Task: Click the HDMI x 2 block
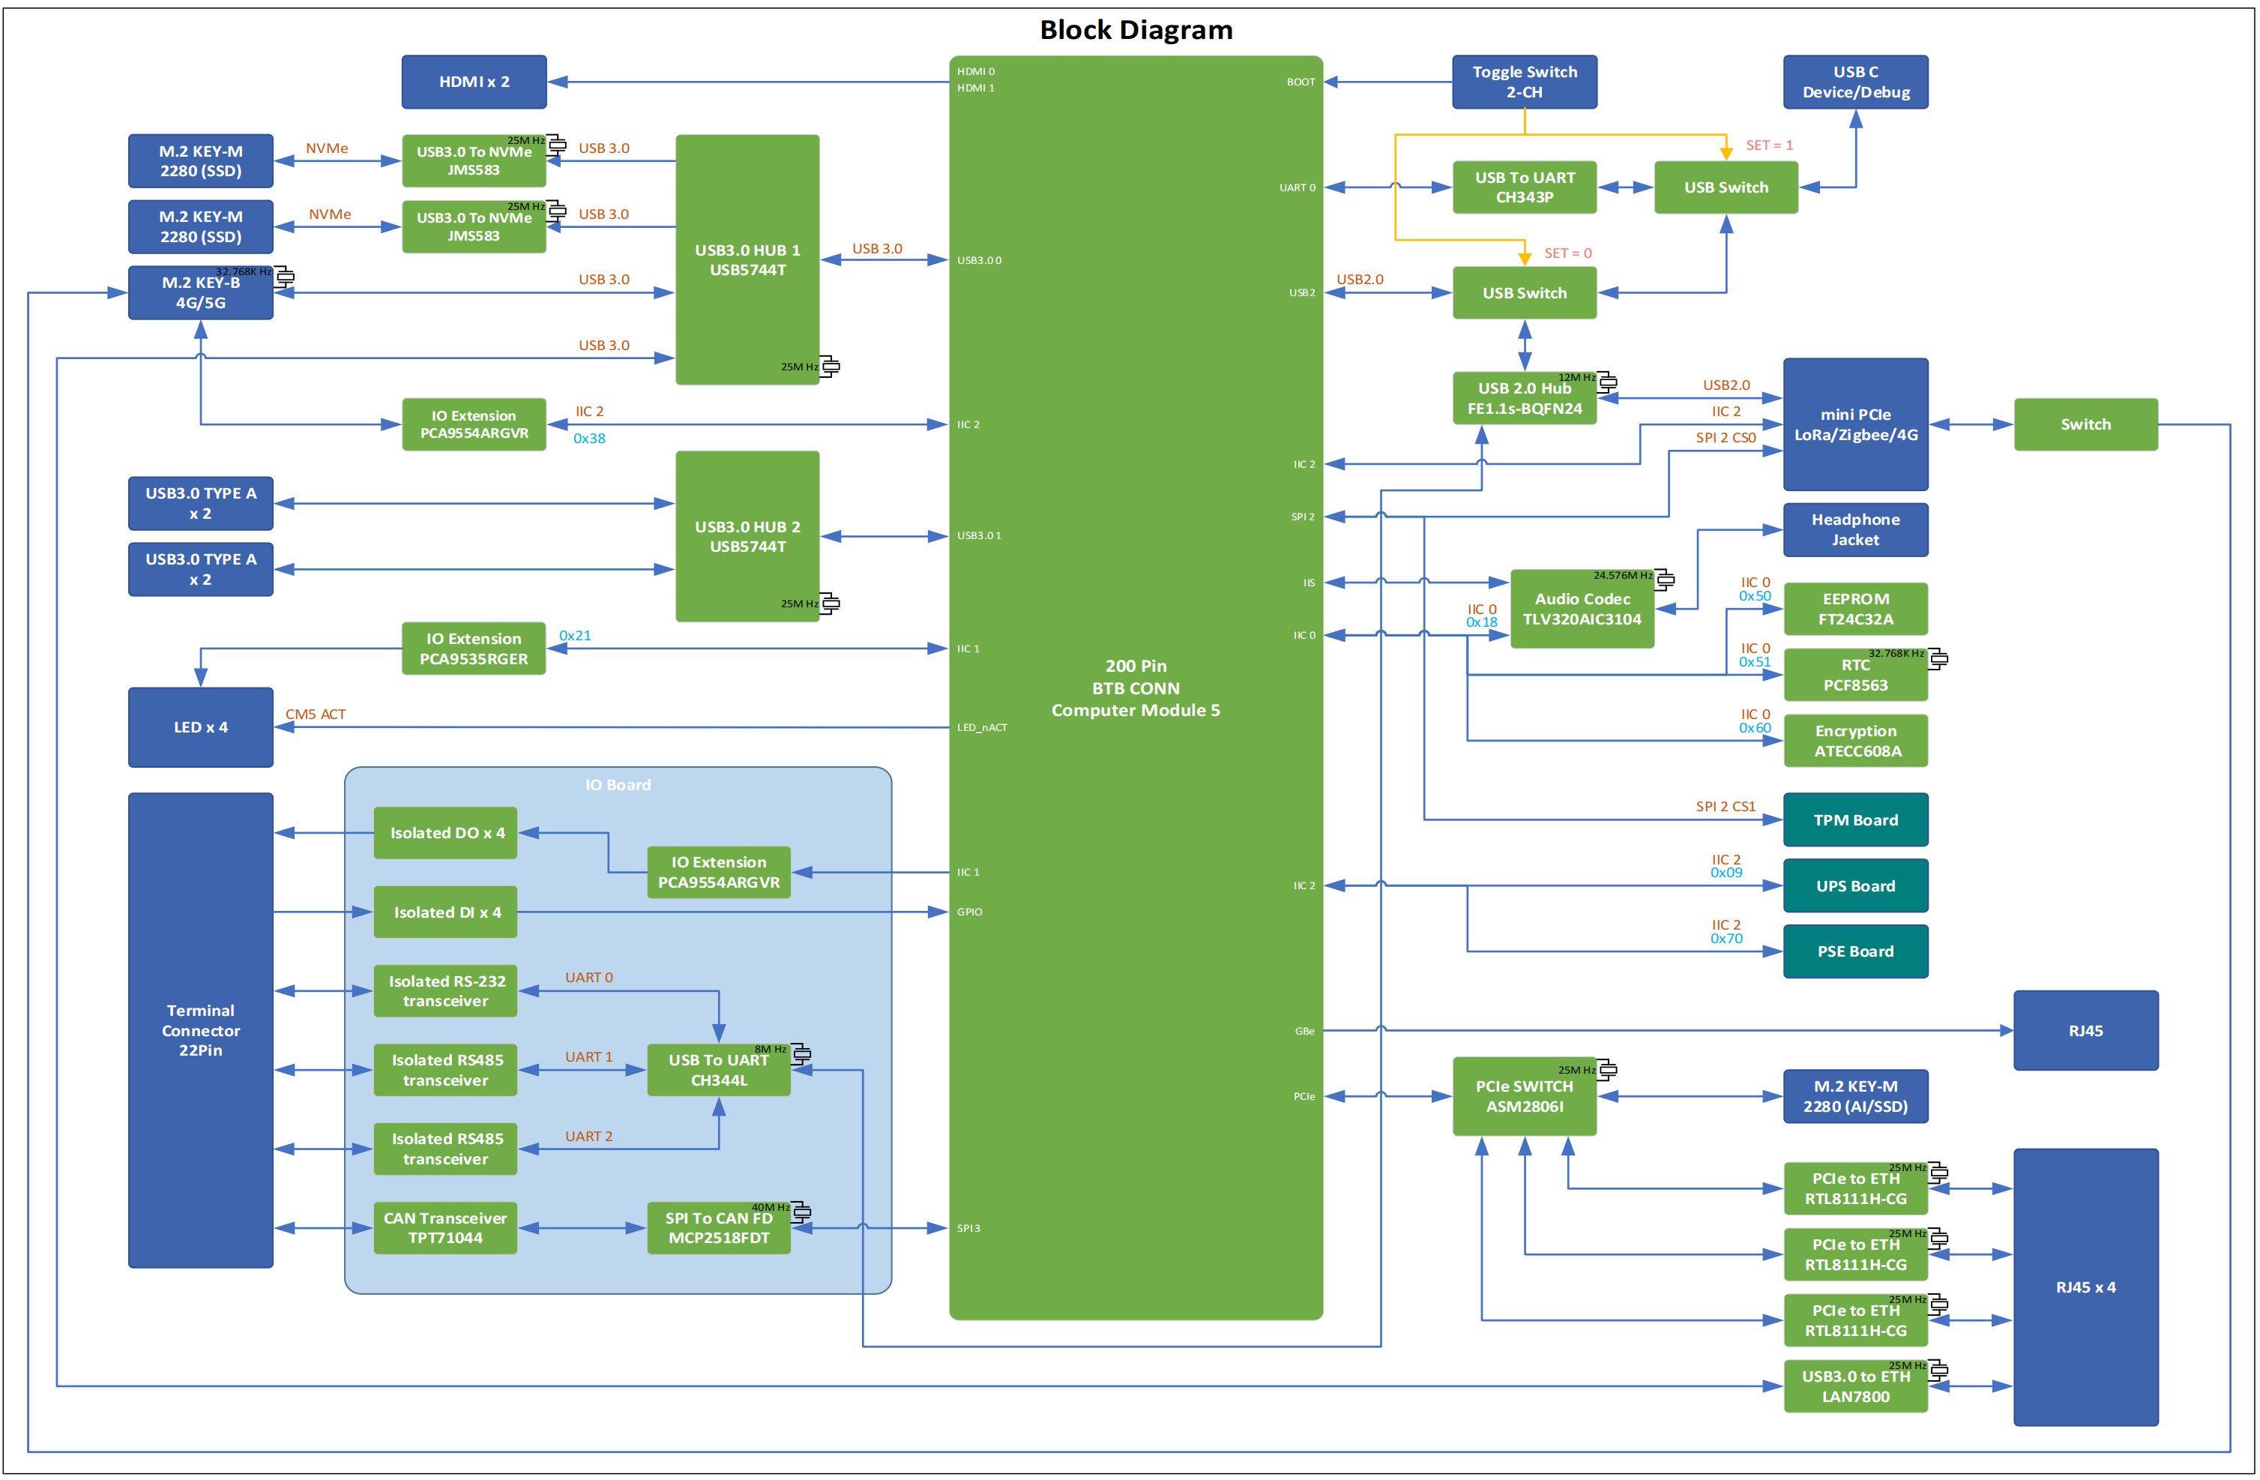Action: (x=474, y=82)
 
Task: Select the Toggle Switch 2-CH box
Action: (x=1524, y=82)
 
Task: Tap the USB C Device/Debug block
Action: (x=1854, y=82)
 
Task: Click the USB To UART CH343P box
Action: (x=1524, y=187)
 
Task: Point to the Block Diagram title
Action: (x=1136, y=29)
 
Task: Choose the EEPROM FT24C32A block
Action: (x=1854, y=609)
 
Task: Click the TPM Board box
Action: (x=1854, y=819)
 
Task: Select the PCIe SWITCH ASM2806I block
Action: (x=1524, y=1096)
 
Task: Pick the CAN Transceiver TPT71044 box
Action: (x=445, y=1228)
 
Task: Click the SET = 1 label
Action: (x=1769, y=145)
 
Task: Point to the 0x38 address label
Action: (x=588, y=438)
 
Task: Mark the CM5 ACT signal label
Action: (x=316, y=715)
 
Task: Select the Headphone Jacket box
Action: (x=1854, y=530)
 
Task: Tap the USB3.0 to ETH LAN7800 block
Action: (x=1854, y=1387)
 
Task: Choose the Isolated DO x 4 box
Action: (x=445, y=833)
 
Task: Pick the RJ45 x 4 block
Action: (x=2085, y=1287)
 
